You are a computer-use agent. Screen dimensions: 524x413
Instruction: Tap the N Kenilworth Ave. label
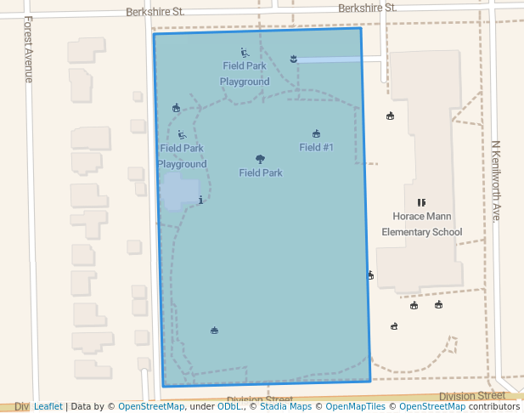496,180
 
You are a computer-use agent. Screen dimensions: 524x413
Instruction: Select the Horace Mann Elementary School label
422,224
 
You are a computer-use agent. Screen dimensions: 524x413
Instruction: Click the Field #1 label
316,147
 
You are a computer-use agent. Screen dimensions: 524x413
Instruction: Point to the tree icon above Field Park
260,159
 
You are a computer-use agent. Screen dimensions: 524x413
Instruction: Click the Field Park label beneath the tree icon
260,173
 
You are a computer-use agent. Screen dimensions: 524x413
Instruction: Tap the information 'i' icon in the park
200,200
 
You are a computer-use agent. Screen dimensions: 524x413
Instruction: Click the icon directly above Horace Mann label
420,202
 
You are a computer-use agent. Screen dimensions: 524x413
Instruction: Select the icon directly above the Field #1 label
316,133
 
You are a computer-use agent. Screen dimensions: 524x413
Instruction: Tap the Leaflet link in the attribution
48,406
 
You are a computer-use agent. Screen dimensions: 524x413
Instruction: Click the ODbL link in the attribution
228,406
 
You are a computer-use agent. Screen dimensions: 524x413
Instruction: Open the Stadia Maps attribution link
285,406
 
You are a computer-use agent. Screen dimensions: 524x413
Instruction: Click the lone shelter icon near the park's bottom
214,331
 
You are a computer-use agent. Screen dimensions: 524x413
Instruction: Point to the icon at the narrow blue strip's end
293,59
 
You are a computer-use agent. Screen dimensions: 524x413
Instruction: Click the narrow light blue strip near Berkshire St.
331,59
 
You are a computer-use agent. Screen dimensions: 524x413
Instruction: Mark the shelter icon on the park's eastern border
369,274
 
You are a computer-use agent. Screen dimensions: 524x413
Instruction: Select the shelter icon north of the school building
390,116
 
